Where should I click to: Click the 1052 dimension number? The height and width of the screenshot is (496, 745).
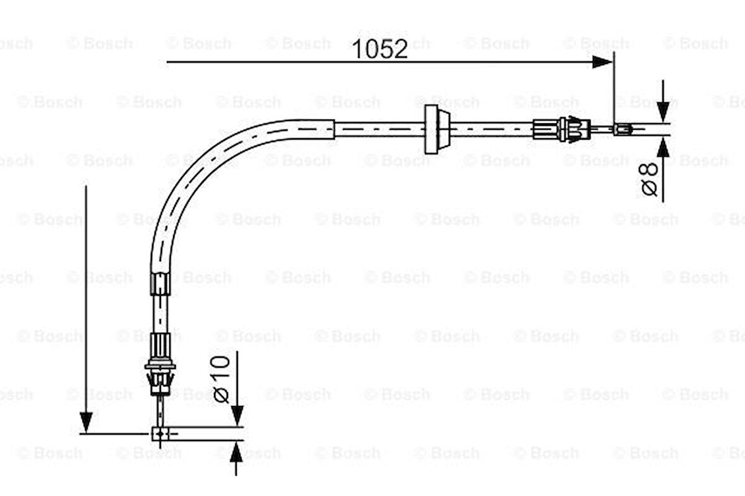click(x=379, y=49)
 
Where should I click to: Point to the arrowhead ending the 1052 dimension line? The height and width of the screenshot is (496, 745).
click(x=603, y=61)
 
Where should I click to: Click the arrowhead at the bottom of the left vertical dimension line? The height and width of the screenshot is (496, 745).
click(x=86, y=422)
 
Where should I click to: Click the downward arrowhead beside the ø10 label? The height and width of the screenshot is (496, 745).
click(x=237, y=415)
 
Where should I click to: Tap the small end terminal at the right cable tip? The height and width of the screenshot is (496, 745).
click(x=623, y=129)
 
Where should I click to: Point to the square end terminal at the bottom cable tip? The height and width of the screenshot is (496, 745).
click(x=160, y=434)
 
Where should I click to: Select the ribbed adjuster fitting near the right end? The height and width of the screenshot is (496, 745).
click(x=562, y=129)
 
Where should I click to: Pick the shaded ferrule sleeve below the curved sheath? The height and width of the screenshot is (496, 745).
click(x=160, y=282)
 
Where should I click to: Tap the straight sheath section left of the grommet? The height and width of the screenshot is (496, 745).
click(x=379, y=129)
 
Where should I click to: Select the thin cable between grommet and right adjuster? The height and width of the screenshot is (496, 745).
click(x=492, y=129)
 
